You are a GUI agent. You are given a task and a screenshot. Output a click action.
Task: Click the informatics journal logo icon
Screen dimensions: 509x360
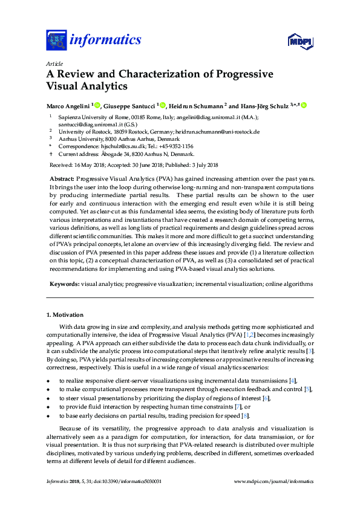click(x=56, y=41)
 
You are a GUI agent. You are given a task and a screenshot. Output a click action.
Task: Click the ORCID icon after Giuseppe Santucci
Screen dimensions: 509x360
click(x=163, y=106)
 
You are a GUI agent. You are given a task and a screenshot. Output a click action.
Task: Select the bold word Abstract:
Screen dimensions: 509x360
click(x=61, y=180)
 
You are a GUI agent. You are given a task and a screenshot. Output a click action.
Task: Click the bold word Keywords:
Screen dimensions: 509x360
click(x=64, y=284)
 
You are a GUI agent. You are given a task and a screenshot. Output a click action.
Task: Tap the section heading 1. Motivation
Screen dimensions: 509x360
click(x=65, y=315)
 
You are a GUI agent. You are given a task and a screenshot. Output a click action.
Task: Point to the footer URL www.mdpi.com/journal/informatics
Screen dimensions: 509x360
click(x=273, y=481)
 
